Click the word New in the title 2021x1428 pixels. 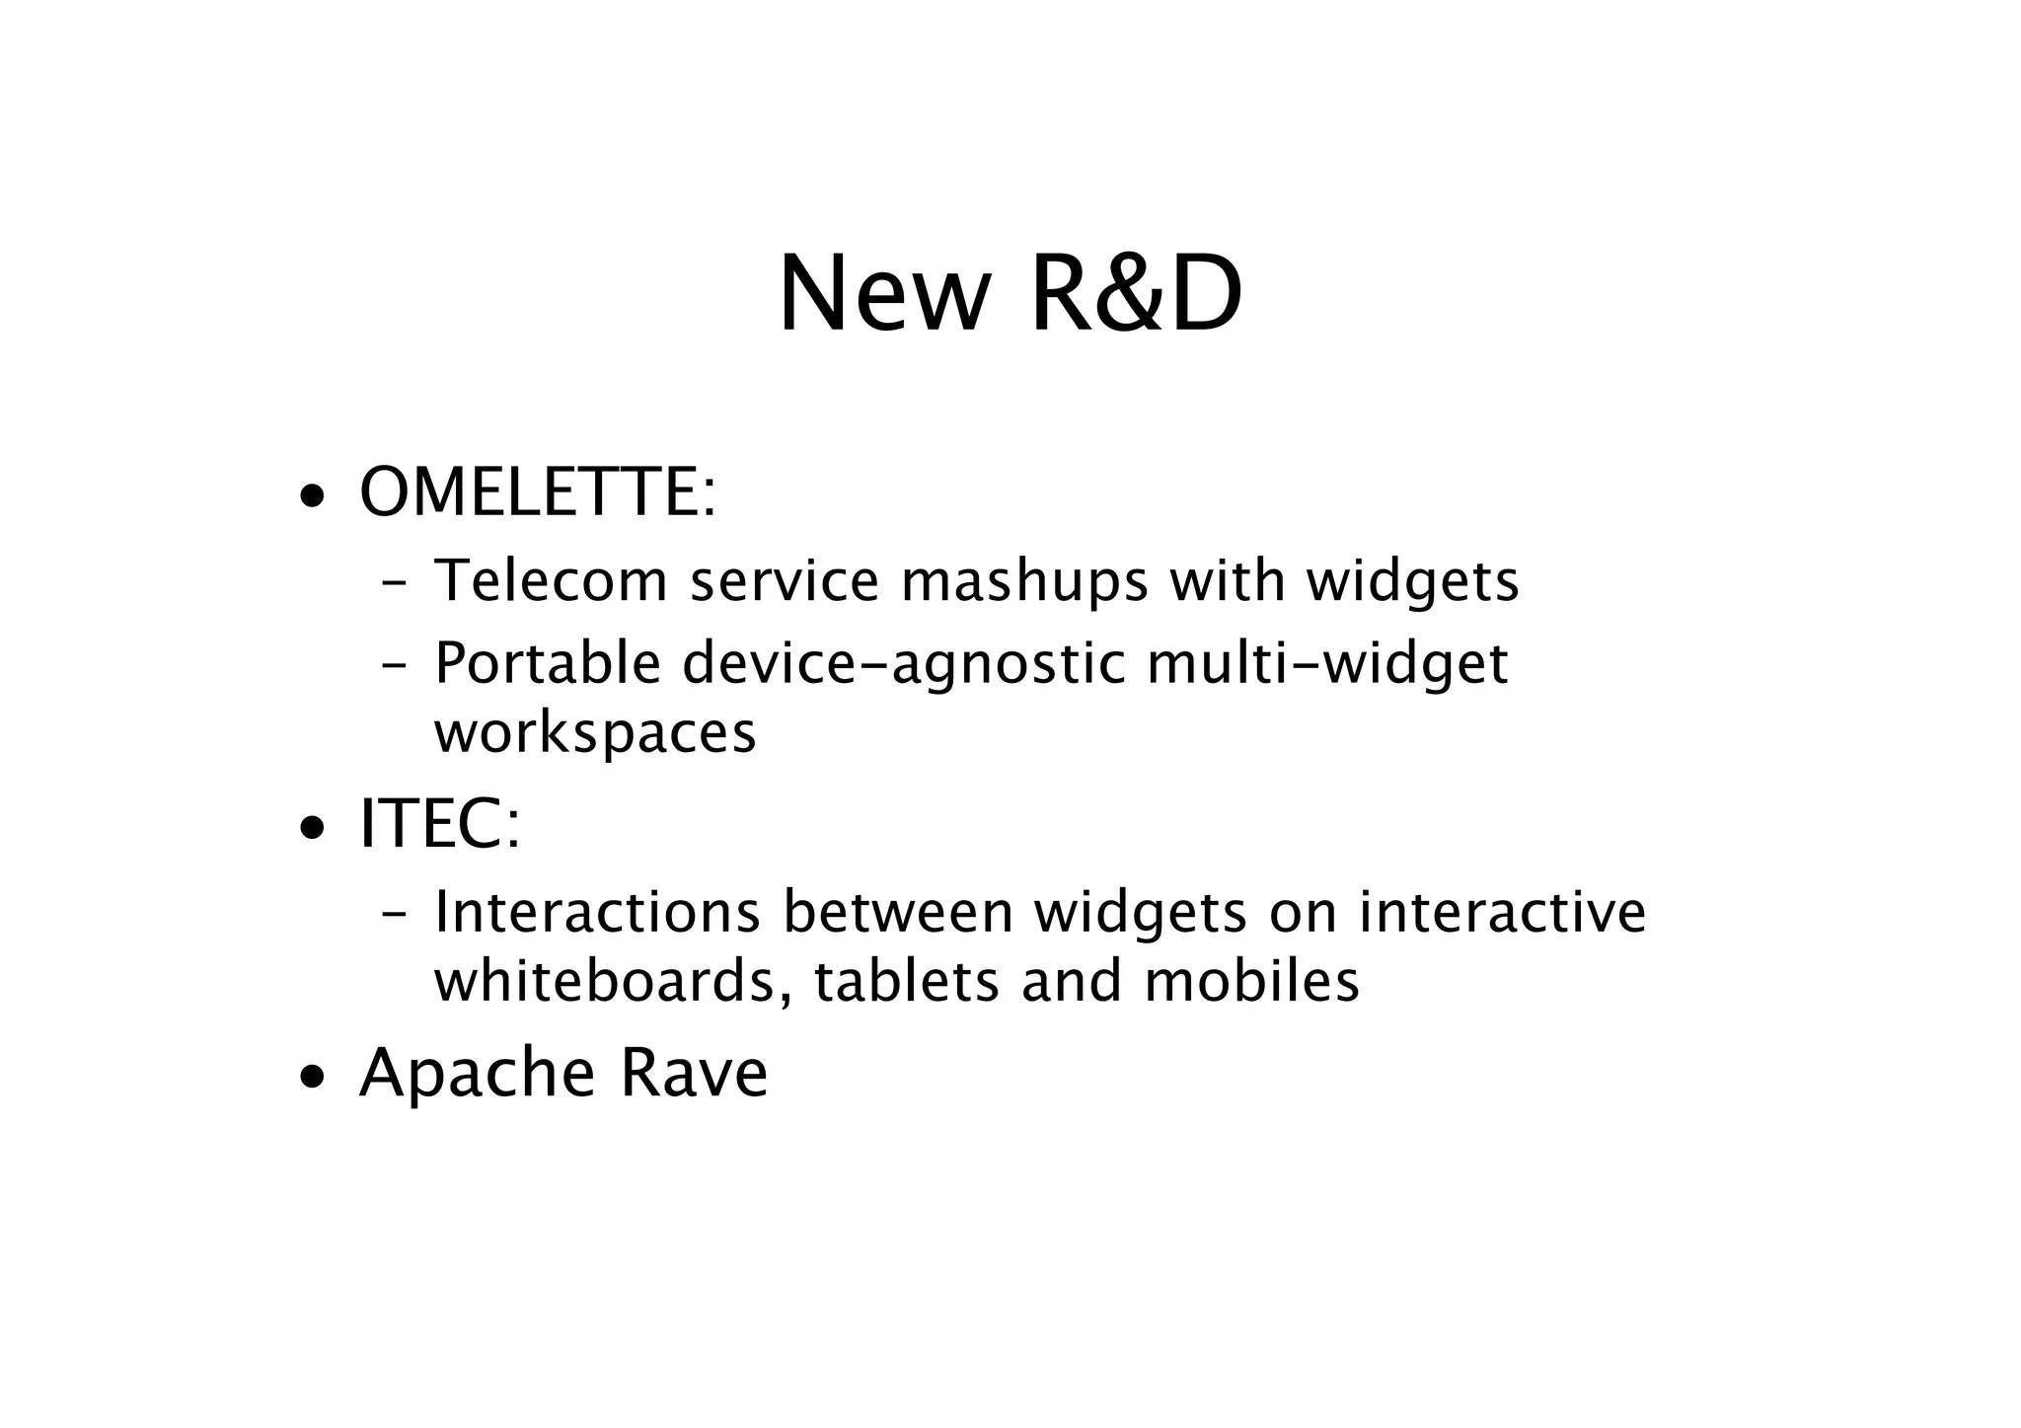(x=883, y=295)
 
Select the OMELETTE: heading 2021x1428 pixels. (x=537, y=492)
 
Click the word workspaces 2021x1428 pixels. (x=595, y=733)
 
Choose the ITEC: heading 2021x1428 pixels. (x=439, y=824)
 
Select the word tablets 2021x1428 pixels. (x=907, y=981)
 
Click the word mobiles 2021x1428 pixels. (x=1251, y=981)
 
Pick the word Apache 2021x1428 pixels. (x=477, y=1075)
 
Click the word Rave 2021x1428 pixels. (x=693, y=1073)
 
